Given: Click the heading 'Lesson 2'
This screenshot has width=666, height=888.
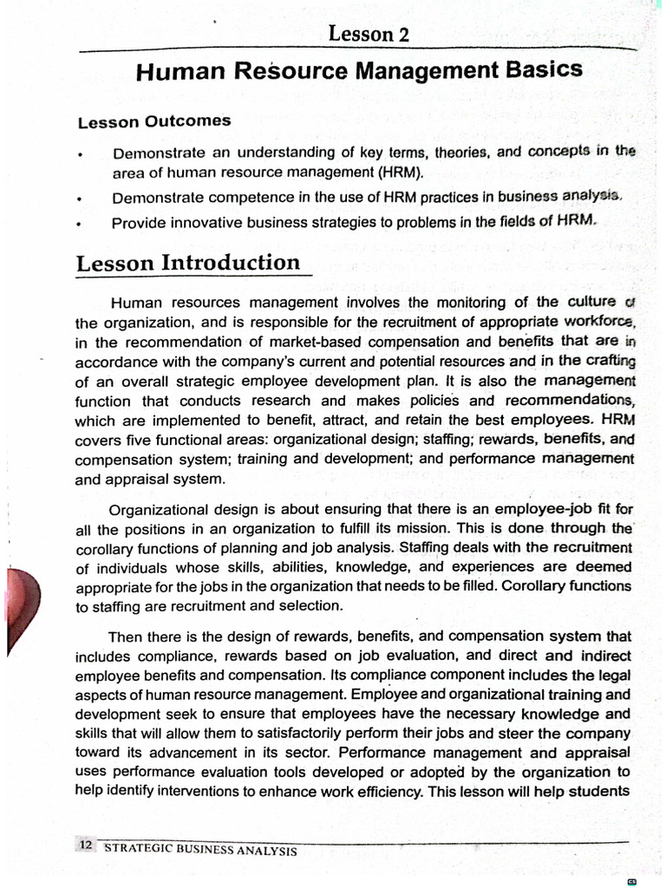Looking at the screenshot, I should tap(368, 34).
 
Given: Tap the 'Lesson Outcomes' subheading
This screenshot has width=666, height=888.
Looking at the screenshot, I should tap(154, 121).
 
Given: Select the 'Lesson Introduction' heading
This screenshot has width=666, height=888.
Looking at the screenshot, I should tap(188, 263).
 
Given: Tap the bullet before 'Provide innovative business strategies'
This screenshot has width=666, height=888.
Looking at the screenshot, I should tap(79, 224).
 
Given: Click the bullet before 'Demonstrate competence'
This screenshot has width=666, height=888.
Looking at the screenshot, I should tap(79, 199).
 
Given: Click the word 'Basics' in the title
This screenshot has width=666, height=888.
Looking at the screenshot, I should tap(545, 70).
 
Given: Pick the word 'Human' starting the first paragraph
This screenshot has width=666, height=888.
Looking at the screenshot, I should tap(135, 304).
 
